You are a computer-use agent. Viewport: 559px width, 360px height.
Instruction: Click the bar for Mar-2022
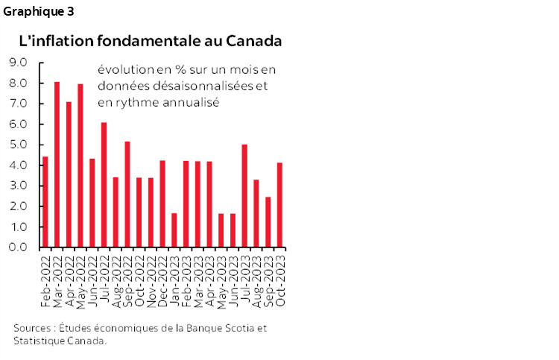(57, 164)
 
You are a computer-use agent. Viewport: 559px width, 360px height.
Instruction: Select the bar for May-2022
(80, 165)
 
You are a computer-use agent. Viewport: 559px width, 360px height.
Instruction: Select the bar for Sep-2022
(127, 194)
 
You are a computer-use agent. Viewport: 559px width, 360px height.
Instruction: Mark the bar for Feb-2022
(45, 201)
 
